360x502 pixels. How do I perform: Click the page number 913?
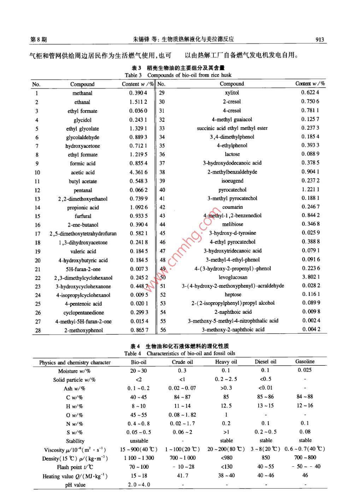click(319, 40)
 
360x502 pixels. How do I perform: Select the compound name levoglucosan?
click(233, 277)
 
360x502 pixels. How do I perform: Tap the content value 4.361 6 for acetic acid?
click(138, 172)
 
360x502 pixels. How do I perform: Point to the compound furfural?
click(83, 216)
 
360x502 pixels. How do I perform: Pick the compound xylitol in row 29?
click(232, 92)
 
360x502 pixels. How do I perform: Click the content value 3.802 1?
click(311, 277)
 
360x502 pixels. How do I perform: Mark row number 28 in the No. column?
click(38, 330)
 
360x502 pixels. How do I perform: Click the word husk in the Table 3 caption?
click(226, 75)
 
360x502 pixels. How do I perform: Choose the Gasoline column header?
click(305, 361)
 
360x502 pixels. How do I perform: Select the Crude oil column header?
click(182, 362)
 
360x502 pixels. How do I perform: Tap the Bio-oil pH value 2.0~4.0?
click(139, 485)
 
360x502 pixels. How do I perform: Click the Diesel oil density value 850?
click(266, 458)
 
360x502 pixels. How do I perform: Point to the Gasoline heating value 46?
click(305, 475)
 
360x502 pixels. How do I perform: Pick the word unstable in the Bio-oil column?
click(139, 441)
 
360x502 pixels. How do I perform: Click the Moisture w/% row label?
click(74, 371)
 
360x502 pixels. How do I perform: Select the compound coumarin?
click(232, 207)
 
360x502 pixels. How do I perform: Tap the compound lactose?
click(232, 154)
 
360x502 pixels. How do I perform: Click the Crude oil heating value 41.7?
click(182, 476)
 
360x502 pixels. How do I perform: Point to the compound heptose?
click(233, 294)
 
